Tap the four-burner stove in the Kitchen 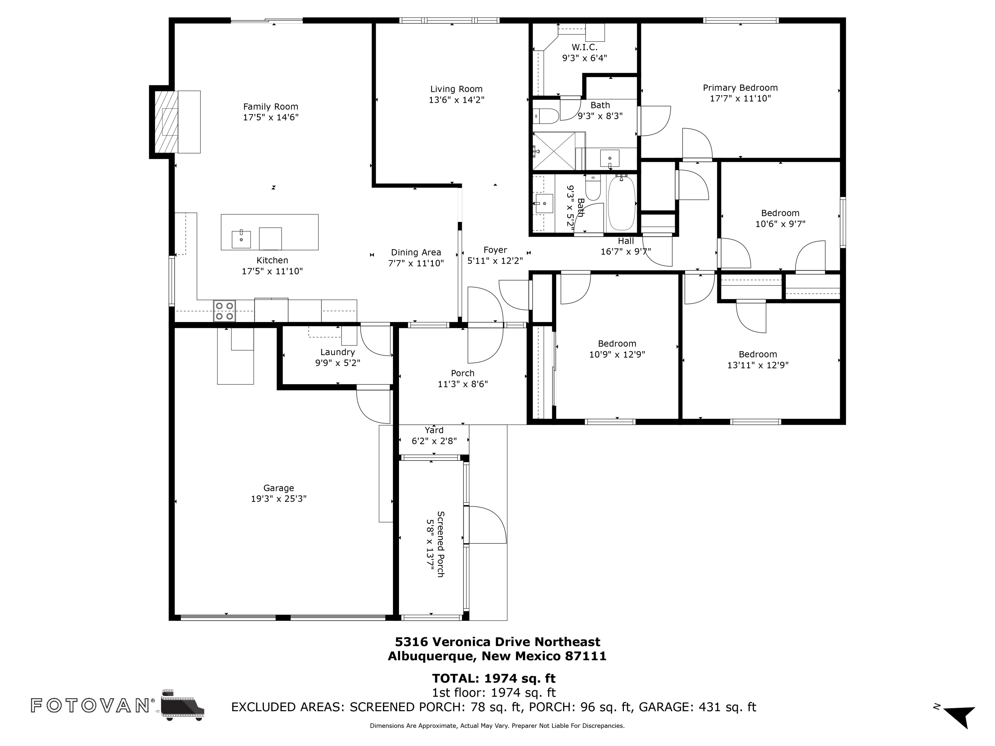(x=225, y=311)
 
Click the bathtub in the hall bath (x=621, y=203)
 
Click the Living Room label (x=456, y=89)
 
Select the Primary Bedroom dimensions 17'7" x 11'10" (x=740, y=98)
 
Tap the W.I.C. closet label (x=584, y=47)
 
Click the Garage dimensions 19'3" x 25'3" (x=279, y=499)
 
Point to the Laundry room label (x=337, y=352)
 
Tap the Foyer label (x=495, y=250)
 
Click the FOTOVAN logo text (x=90, y=705)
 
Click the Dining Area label (x=416, y=252)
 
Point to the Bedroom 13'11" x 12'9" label (x=758, y=354)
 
